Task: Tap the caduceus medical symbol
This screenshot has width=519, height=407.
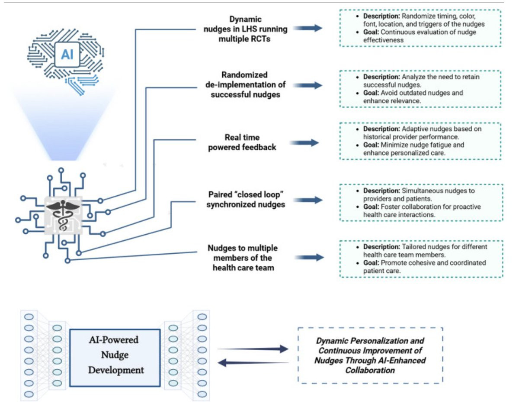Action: [x=63, y=213]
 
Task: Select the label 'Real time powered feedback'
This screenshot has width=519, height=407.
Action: [x=242, y=142]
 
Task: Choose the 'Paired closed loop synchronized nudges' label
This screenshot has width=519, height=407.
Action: [x=246, y=200]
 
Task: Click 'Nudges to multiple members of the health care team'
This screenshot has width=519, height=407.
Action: [x=243, y=257]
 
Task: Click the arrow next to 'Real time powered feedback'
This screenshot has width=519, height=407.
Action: [x=307, y=143]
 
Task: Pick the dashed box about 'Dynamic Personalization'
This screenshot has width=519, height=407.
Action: [x=370, y=355]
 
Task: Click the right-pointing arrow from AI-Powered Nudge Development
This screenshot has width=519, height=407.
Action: [x=253, y=349]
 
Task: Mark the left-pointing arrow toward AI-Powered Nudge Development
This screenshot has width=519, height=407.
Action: [x=253, y=363]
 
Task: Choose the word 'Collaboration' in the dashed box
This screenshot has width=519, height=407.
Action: [x=370, y=370]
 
